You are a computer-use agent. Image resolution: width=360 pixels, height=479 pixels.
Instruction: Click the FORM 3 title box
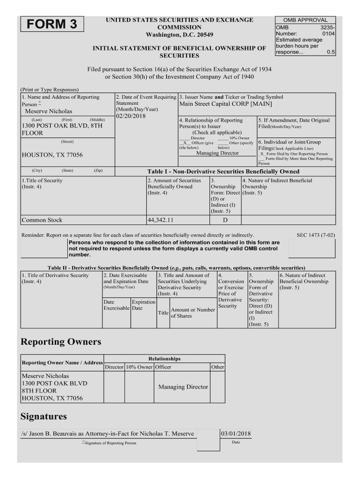click(51, 24)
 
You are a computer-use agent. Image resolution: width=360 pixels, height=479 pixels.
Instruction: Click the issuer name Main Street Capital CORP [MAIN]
click(225, 104)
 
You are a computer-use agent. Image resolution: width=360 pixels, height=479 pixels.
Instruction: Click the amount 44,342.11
click(160, 220)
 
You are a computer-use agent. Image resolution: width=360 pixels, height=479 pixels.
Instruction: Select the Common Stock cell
click(42, 220)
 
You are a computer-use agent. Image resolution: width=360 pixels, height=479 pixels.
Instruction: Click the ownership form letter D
click(225, 220)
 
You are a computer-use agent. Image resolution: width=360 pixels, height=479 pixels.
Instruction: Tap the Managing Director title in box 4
click(217, 153)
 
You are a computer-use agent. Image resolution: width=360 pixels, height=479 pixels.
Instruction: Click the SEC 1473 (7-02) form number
click(316, 235)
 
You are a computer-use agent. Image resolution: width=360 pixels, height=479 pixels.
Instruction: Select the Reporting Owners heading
click(61, 342)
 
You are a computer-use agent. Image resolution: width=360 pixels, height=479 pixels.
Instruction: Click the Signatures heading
click(44, 416)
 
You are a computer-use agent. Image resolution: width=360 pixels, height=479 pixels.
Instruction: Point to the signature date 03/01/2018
click(236, 434)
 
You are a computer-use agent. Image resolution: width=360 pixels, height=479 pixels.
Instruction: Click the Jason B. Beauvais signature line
click(108, 434)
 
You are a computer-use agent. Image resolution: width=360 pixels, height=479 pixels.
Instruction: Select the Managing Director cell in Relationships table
click(183, 387)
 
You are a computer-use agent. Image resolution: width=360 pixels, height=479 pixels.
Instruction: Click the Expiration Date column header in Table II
click(143, 305)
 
